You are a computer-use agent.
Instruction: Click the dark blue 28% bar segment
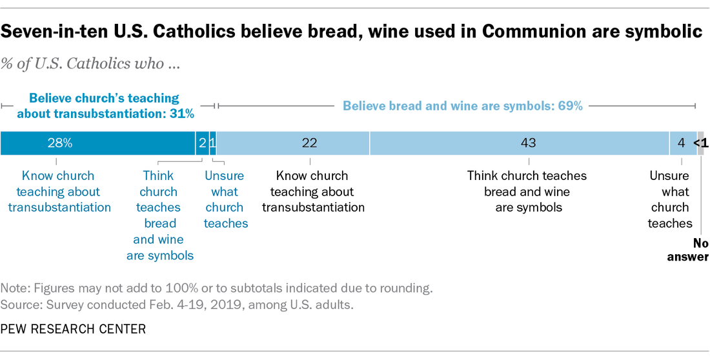[x=97, y=143]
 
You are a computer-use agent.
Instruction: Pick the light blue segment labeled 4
[x=680, y=143]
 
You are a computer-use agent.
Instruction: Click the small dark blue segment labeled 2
[x=202, y=143]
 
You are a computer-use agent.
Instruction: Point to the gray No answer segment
[x=700, y=143]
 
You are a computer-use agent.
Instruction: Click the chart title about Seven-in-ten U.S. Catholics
[x=352, y=33]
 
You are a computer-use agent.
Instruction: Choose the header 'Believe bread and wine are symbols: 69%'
[x=462, y=106]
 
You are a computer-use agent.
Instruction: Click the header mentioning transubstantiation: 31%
[x=106, y=106]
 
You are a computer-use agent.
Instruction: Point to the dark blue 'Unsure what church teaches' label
[x=225, y=199]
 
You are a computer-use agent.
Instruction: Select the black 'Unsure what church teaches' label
[x=670, y=199]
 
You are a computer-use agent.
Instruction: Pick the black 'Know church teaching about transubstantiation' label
[x=312, y=192]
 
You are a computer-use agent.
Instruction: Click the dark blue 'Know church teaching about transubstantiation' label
[x=59, y=192]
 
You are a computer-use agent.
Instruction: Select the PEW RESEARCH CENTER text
[x=73, y=329]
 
